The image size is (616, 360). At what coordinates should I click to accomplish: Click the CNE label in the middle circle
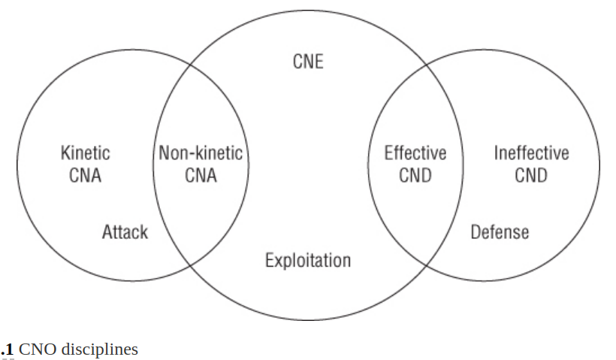tap(308, 61)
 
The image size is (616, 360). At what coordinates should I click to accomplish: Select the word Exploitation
tap(308, 261)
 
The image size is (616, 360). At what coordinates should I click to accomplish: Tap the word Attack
tap(125, 231)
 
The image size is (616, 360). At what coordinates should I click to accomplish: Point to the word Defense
tap(500, 231)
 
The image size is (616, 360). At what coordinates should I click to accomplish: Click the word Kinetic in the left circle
tap(85, 153)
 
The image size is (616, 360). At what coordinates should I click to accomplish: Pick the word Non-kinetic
tap(201, 153)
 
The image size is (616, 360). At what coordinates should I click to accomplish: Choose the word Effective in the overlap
tap(415, 153)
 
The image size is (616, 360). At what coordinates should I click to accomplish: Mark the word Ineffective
tap(531, 153)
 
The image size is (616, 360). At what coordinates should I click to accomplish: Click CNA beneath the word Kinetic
tap(85, 177)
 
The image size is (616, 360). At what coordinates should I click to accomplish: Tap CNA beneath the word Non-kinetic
tap(201, 177)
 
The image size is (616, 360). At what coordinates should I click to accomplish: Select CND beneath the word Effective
tap(415, 177)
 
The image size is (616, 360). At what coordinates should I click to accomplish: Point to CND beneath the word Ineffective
tap(531, 177)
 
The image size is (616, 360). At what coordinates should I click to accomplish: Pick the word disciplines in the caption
tap(100, 349)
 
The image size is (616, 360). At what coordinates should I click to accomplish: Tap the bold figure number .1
tap(8, 349)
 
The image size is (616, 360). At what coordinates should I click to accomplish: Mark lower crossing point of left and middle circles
tap(189, 264)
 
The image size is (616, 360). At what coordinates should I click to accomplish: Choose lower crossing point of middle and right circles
tap(427, 264)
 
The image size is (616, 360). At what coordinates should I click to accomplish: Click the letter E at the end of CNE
tap(319, 61)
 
